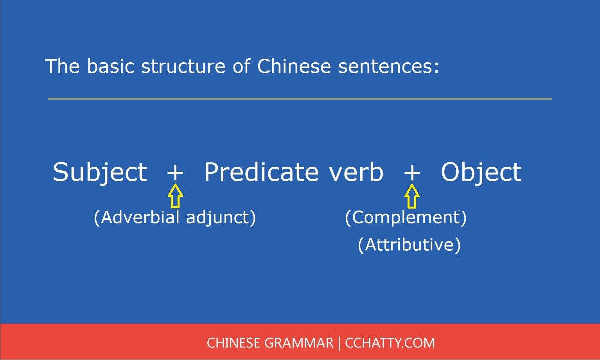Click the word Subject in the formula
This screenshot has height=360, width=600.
point(100,172)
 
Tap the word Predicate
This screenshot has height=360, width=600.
point(261,172)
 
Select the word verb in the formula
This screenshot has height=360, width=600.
point(356,172)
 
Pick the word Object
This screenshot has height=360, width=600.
point(481,172)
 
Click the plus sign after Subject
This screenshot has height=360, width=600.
point(175,173)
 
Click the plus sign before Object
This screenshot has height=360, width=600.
point(412,173)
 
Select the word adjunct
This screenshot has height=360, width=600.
point(221,217)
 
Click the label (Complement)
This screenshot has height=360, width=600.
point(406,218)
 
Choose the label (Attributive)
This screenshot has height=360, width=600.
point(409,245)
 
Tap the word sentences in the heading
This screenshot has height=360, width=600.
point(389,66)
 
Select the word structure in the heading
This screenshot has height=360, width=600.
point(183,66)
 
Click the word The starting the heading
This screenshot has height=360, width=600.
point(63,66)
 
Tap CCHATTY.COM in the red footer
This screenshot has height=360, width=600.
point(390,343)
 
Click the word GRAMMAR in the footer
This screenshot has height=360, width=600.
point(299,343)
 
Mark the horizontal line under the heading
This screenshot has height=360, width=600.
point(300,99)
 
